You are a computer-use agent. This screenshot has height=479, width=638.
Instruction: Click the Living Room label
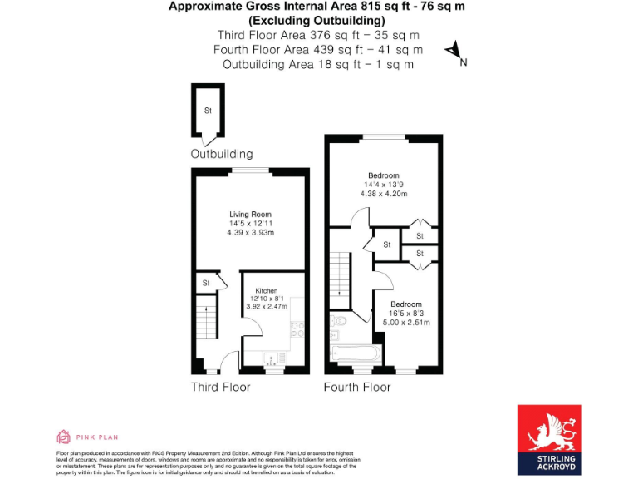[x=250, y=215]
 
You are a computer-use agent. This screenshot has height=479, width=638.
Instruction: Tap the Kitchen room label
[x=266, y=290]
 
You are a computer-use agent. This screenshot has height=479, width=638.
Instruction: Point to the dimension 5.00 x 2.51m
[x=406, y=322]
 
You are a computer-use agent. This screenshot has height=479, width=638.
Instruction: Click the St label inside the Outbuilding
[x=209, y=111]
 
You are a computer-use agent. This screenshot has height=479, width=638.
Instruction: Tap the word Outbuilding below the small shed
[x=222, y=154]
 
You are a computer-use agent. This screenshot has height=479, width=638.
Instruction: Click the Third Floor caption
[x=220, y=387]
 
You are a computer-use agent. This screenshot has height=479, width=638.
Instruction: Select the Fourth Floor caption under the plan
[x=357, y=387]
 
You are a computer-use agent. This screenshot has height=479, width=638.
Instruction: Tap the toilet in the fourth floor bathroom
[x=338, y=319]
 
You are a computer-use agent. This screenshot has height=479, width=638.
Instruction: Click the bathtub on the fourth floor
[x=356, y=353]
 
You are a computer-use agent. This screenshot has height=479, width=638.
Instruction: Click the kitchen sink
[x=272, y=359]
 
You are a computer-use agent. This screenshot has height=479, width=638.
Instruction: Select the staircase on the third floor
[x=206, y=323]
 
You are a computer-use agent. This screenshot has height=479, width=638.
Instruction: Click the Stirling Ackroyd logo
[x=549, y=438]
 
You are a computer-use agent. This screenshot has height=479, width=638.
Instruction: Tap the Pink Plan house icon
[x=63, y=437]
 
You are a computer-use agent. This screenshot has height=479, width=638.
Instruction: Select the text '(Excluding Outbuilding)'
[x=318, y=21]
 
